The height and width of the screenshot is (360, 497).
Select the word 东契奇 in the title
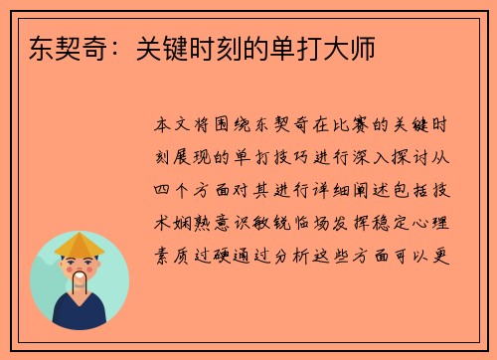(56, 46)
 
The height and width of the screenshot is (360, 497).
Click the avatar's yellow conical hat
(80, 245)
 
